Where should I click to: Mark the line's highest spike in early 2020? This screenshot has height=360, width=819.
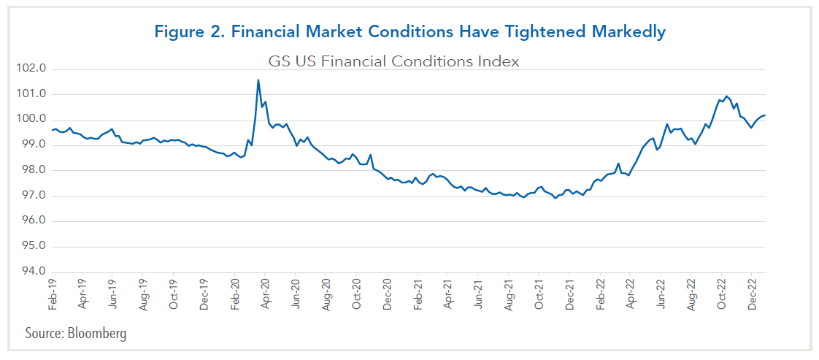(x=258, y=80)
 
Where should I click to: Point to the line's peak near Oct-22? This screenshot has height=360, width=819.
(x=726, y=96)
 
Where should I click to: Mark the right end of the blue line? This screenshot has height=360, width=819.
(x=764, y=115)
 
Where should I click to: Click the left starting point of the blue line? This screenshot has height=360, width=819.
(x=52, y=130)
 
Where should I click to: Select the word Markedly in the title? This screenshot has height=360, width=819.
(x=629, y=33)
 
